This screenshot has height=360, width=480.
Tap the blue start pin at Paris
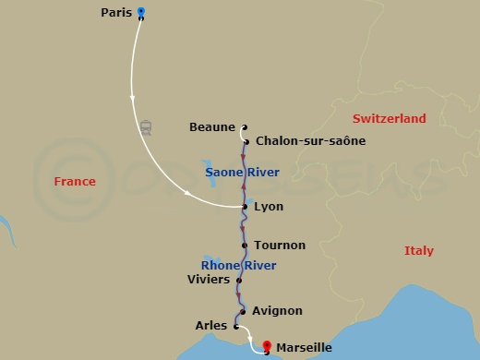point(140,12)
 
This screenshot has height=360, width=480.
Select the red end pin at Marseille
point(267,346)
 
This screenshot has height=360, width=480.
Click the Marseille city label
point(304,348)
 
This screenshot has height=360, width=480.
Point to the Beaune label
point(211,126)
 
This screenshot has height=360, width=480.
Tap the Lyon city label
point(268,207)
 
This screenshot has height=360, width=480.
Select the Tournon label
point(280,246)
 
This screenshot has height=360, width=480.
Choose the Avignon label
point(277,311)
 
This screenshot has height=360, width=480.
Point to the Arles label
point(211,326)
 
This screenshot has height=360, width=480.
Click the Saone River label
point(242,173)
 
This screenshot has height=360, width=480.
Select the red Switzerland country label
point(389,119)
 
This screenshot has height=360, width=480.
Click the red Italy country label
point(418,251)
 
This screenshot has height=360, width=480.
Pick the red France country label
point(75,182)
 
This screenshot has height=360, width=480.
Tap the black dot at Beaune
point(244,127)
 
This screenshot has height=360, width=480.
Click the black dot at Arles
point(236,326)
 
